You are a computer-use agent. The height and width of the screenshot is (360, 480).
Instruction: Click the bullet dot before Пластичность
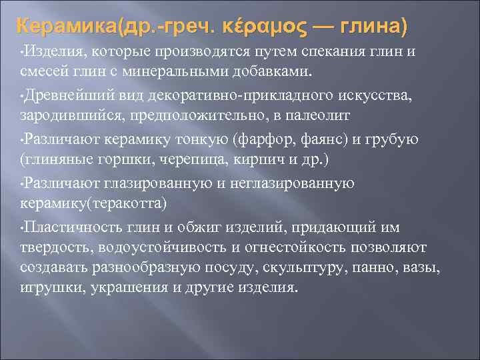click(x=22, y=229)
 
